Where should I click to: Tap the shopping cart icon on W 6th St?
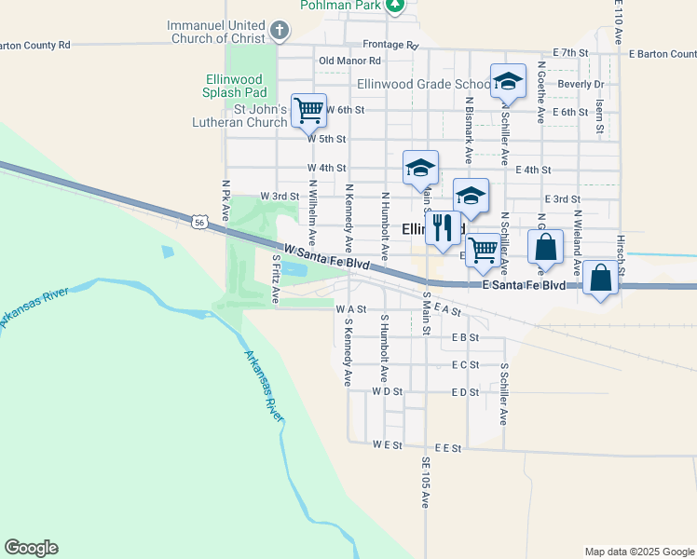pos(308,110)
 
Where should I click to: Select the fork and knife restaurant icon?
pos(442,226)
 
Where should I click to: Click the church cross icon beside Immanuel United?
pos(278,31)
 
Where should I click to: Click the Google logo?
pos(31,548)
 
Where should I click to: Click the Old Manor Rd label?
pos(350,61)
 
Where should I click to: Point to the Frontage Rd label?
pos(390,45)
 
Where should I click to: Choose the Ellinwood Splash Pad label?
pos(236,86)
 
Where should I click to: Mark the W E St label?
pos(387,445)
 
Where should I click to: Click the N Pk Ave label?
pos(225,201)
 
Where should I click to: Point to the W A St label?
pos(351,308)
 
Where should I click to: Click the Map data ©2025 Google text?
pos(638,552)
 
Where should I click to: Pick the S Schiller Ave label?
pos(503,394)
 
